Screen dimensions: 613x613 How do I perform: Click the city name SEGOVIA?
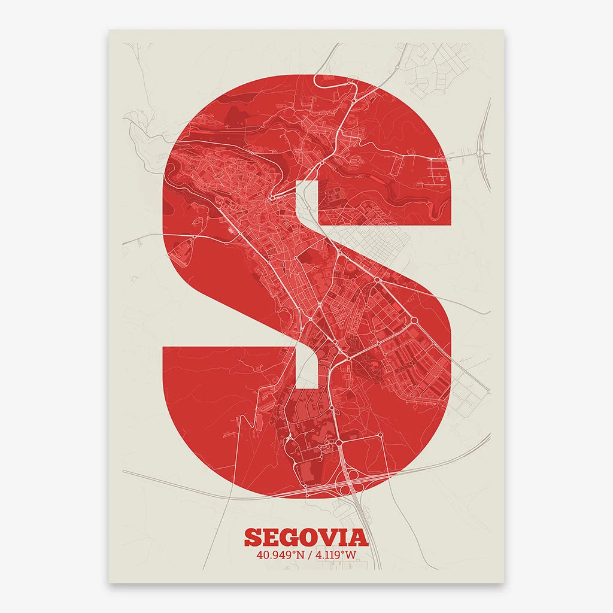pyautogui.click(x=306, y=537)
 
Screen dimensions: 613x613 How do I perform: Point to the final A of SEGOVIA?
pyautogui.click(x=357, y=537)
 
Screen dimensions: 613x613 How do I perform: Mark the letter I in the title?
pyautogui.click(x=342, y=537)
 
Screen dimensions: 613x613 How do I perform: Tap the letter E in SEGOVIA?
pyautogui.click(x=266, y=537)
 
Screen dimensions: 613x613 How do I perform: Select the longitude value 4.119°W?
pyautogui.click(x=335, y=555)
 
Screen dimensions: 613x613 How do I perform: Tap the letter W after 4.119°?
pyautogui.click(x=350, y=555)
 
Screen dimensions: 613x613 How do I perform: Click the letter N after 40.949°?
pyautogui.click(x=298, y=555)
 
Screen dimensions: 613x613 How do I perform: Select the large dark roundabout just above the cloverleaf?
pyautogui.click(x=338, y=442)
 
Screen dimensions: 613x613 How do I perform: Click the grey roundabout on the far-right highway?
pyautogui.click(x=480, y=153)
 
